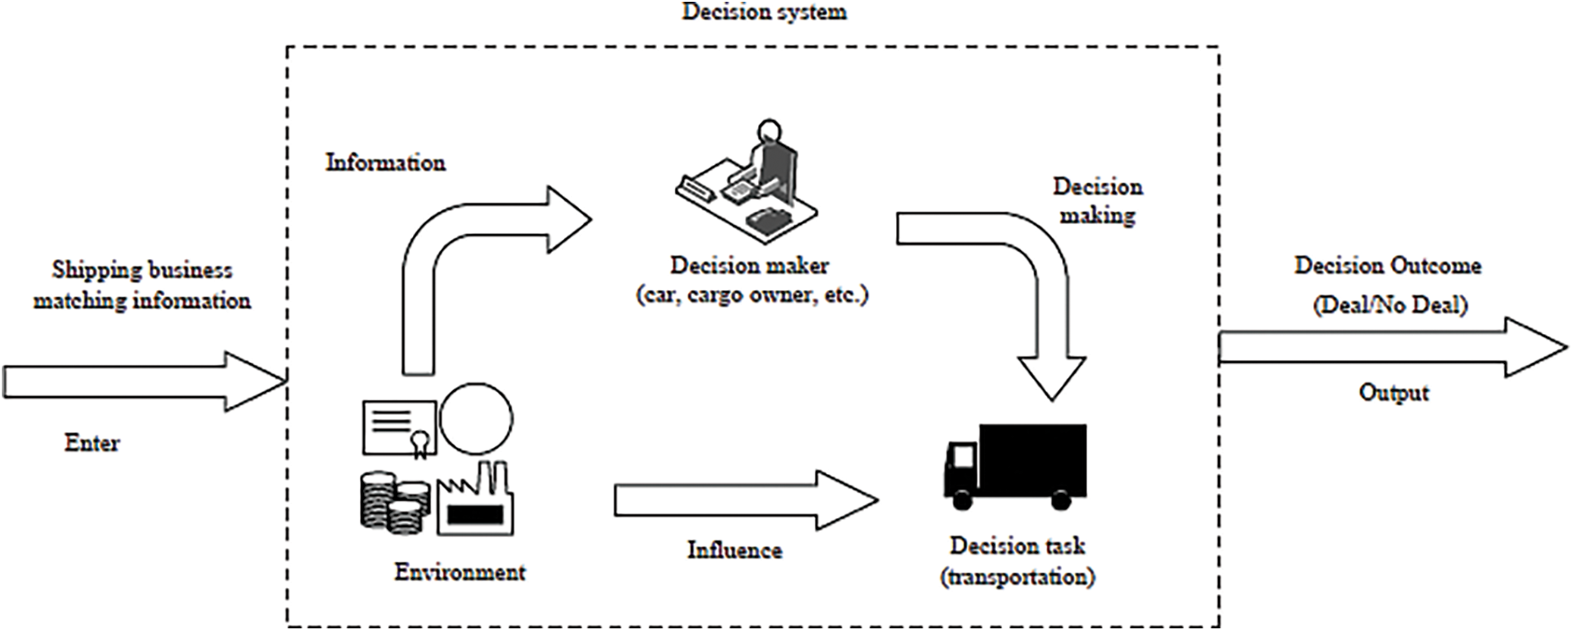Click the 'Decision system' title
(765, 13)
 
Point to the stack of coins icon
(393, 502)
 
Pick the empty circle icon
(476, 419)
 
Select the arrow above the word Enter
(143, 382)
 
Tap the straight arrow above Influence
(744, 499)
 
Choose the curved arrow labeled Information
(466, 260)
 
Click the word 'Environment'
(460, 572)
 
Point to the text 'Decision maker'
(749, 265)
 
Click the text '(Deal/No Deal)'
(1390, 305)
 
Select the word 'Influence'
(734, 549)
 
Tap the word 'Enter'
(92, 443)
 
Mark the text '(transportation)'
(1017, 576)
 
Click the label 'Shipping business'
(142, 270)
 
